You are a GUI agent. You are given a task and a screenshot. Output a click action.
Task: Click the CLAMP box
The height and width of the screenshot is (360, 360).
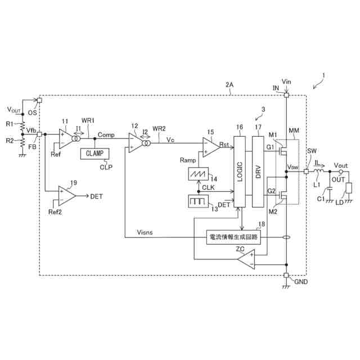pos(95,154)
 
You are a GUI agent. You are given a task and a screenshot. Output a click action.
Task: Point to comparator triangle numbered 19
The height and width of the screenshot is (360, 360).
pos(67,196)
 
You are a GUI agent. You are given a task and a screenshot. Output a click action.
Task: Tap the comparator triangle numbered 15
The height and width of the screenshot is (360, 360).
pos(211,145)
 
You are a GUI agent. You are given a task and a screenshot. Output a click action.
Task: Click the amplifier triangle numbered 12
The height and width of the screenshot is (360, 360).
pos(134,142)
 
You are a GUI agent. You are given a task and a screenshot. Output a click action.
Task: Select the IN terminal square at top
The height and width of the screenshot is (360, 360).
pos(286,96)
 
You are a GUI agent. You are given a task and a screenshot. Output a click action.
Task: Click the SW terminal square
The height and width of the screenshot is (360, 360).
pos(305,171)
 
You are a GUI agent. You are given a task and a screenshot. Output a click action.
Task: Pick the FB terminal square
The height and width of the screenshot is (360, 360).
pos(39,134)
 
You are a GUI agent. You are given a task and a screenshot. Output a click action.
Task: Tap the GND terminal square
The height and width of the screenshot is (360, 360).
pos(286,276)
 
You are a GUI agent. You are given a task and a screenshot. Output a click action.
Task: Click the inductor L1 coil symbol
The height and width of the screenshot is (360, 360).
pos(318,171)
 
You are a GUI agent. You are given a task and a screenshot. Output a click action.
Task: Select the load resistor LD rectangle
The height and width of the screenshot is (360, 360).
pos(349,190)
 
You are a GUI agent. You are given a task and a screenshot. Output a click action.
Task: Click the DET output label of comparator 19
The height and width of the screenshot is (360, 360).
pos(96,196)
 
